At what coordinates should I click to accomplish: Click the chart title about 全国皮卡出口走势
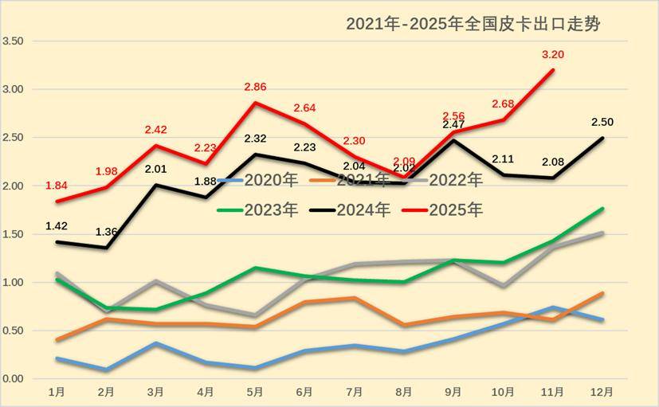point(473,24)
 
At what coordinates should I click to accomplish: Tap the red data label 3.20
point(553,55)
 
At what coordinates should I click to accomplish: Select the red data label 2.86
point(255,87)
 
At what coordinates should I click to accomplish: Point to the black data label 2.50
point(602,122)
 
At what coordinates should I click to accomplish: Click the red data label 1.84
point(56,186)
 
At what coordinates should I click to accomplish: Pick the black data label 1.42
point(57,225)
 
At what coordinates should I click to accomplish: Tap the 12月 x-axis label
point(602,393)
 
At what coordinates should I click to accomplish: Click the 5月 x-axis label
point(255,393)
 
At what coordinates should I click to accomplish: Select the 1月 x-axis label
point(57,393)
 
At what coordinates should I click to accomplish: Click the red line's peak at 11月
point(553,70)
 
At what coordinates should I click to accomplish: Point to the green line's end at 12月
point(602,209)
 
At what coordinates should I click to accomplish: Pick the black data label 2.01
point(155,169)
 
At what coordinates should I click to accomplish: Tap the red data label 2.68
point(504,104)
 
